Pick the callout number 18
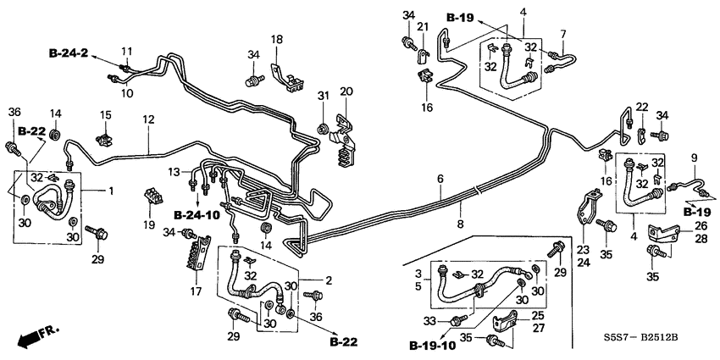coord(277,40)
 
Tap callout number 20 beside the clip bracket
coord(346,91)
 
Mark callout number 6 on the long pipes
coord(440,180)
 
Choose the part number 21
coord(421,29)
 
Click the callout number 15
coord(106,115)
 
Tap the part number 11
coord(128,51)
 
